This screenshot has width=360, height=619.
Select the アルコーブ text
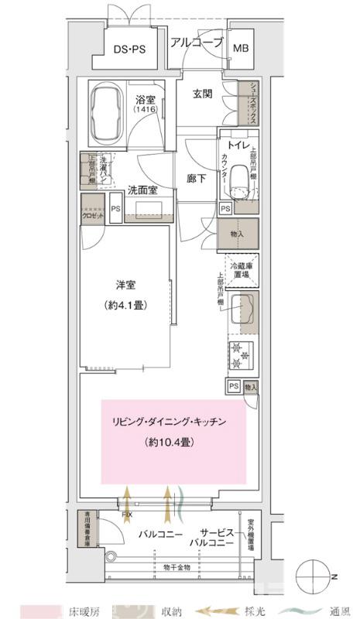(x=197, y=43)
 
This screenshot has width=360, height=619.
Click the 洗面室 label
(x=142, y=188)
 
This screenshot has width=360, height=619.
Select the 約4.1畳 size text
(x=125, y=305)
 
